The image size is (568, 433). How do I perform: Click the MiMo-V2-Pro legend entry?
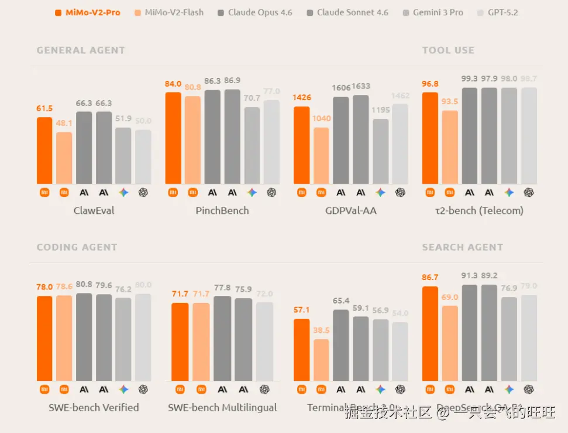92,12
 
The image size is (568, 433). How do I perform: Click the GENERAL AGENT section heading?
81,50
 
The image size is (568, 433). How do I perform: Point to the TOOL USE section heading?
448,50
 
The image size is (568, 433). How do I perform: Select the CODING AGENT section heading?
77,247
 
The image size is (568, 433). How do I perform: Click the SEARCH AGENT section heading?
462,247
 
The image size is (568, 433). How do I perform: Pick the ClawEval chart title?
94,210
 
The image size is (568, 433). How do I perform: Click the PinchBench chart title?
222,210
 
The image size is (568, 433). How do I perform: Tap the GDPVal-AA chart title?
351,210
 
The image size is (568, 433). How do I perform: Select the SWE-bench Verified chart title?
94,407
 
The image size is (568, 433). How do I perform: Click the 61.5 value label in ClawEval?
44,108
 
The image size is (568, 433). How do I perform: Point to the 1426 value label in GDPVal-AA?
302,97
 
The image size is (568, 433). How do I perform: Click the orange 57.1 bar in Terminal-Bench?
301,350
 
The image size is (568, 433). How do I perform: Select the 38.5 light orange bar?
321,360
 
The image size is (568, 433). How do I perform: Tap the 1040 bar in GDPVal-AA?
321,155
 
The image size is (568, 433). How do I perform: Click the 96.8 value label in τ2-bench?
430,84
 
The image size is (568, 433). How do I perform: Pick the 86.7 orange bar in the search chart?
430,333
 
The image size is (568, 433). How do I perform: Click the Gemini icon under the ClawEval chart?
123,192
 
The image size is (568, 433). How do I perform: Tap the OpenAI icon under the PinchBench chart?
271,192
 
